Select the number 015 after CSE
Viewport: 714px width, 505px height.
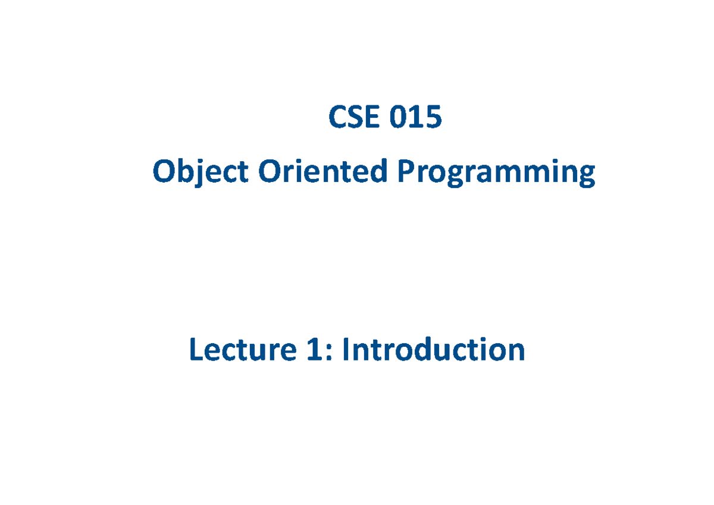[x=416, y=117]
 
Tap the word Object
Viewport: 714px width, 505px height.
[x=200, y=173]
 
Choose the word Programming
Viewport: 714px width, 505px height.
[x=496, y=173]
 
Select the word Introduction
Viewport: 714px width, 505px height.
[x=433, y=350]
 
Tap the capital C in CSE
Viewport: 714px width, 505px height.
[x=338, y=117]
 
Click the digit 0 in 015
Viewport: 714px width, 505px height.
[x=399, y=117]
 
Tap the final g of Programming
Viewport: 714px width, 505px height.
[x=586, y=176]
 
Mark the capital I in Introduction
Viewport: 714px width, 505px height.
[x=345, y=350]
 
